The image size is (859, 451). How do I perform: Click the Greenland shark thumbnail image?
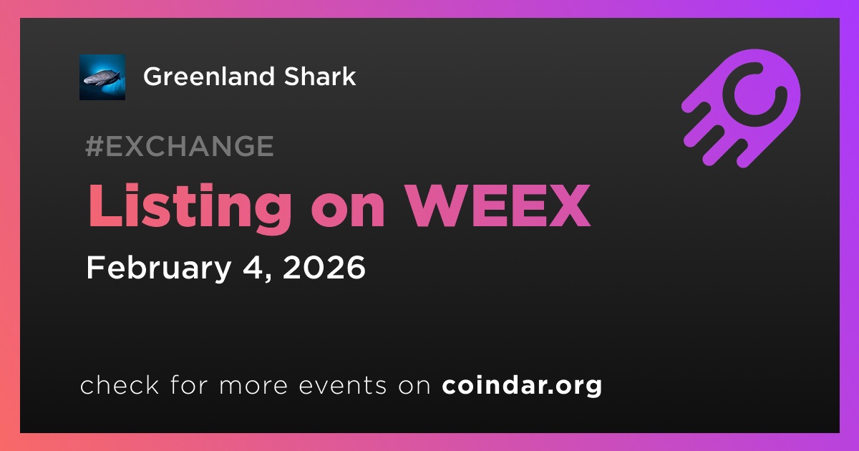[x=102, y=77]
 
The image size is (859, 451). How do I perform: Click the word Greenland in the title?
[x=209, y=76]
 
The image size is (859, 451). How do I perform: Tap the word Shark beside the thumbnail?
[x=320, y=76]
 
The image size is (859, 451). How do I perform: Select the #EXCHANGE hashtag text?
[x=180, y=146]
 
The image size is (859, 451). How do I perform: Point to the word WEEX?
[x=498, y=206]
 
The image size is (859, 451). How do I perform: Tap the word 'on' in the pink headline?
[x=348, y=212]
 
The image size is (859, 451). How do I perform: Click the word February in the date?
[x=158, y=268]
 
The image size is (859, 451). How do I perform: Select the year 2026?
[x=324, y=267]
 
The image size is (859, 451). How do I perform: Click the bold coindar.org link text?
[x=522, y=386]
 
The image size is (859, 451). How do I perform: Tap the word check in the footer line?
[x=120, y=384]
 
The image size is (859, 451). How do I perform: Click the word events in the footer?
[x=342, y=385]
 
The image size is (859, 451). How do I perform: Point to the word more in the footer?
[x=253, y=386]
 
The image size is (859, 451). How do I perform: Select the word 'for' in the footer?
[x=189, y=384]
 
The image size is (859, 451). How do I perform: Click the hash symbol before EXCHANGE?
[x=94, y=146]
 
